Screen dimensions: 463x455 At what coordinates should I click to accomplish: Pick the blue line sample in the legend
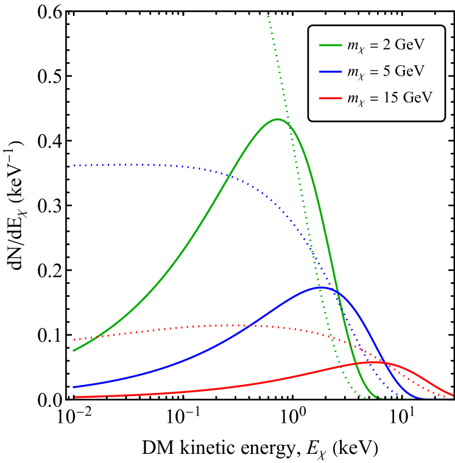pos(330,71)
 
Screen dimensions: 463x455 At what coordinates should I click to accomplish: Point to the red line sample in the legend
pos(330,97)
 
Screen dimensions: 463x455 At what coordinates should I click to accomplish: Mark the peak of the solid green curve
pos(278,119)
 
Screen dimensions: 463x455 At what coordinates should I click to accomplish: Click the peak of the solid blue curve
pos(322,287)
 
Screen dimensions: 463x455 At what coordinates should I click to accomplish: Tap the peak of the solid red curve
pos(373,362)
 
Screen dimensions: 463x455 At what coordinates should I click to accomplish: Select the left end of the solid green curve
pos(74,351)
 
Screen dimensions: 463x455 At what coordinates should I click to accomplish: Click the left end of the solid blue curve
pos(74,387)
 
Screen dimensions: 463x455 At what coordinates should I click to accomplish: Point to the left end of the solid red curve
pos(74,397)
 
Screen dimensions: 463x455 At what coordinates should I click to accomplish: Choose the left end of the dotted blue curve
pos(74,165)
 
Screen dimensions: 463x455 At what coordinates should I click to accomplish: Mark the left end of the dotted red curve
pos(74,339)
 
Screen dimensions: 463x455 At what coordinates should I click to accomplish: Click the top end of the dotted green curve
pos(268,16)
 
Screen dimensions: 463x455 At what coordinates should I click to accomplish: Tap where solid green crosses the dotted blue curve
pos(228,175)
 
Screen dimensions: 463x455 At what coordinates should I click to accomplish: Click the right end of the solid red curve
pos(453,395)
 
